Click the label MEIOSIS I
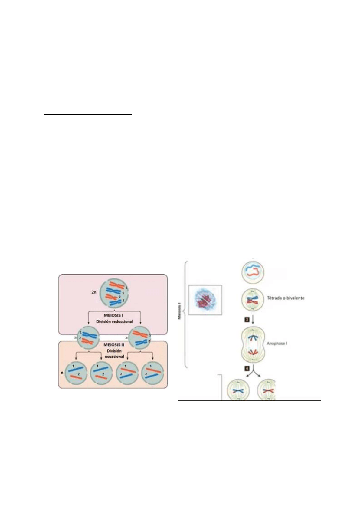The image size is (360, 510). tap(113, 315)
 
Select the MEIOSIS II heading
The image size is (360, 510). tap(114, 344)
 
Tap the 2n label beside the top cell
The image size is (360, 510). tap(94, 292)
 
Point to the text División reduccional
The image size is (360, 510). tap(114, 321)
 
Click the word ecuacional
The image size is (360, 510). tap(114, 357)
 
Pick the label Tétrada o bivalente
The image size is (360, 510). tap(286, 298)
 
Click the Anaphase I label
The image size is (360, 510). tap(277, 344)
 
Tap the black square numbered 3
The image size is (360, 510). tap(247, 319)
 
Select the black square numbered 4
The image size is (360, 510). tap(247, 368)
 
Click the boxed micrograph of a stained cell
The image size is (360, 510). tap(205, 300)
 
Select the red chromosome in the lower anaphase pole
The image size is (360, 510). tap(253, 352)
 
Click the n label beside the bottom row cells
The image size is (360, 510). tap(62, 372)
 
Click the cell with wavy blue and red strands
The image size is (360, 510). tap(253, 271)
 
